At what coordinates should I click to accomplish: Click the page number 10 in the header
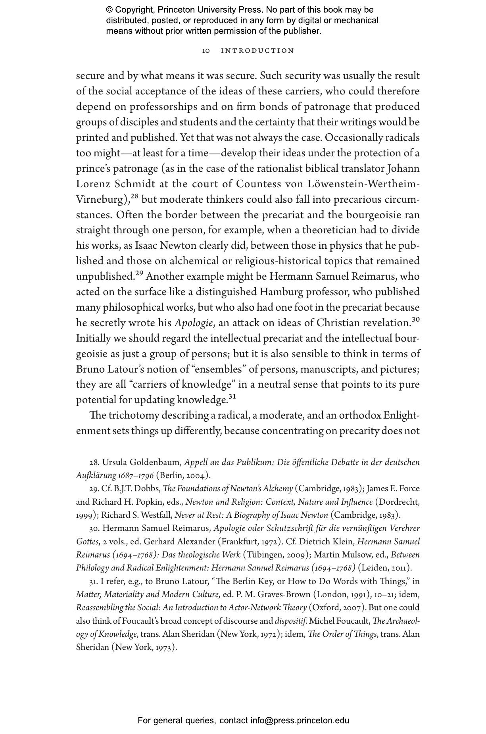(x=206, y=51)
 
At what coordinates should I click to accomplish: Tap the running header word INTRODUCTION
(x=257, y=51)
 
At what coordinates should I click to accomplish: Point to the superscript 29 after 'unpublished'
(x=139, y=273)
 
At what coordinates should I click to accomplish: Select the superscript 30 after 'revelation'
(x=415, y=319)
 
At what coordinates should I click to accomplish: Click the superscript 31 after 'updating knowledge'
(x=232, y=396)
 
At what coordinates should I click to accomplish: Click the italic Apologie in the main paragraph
(x=194, y=323)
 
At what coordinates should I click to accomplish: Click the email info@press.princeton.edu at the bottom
(x=300, y=721)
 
